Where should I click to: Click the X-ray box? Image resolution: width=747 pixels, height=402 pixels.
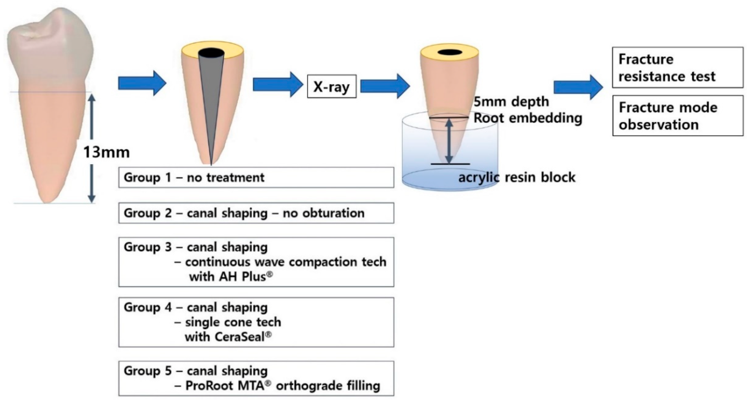pyautogui.click(x=331, y=86)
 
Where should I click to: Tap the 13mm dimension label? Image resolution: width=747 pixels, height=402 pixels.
pyautogui.click(x=106, y=152)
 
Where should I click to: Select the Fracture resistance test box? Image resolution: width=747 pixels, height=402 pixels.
pyautogui.click(x=677, y=67)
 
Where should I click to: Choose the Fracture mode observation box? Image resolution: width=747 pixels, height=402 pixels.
pyautogui.click(x=677, y=115)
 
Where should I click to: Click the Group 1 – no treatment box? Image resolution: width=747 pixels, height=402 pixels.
pyautogui.click(x=256, y=177)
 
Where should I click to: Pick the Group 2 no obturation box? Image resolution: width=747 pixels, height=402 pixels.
pyautogui.click(x=256, y=213)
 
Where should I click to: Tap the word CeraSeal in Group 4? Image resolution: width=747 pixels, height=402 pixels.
pyautogui.click(x=240, y=337)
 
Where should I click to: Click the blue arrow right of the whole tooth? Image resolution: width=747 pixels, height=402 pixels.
pyautogui.click(x=142, y=83)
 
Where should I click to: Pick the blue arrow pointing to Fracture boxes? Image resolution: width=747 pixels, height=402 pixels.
pyautogui.click(x=578, y=87)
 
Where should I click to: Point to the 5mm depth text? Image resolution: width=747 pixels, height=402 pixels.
pyautogui.click(x=511, y=102)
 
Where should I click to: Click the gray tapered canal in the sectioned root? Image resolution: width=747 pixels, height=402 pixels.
pyautogui.click(x=212, y=96)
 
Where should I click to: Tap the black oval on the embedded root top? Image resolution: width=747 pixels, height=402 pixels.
pyautogui.click(x=450, y=52)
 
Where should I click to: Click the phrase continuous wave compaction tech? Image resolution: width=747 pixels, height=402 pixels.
pyautogui.click(x=286, y=262)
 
